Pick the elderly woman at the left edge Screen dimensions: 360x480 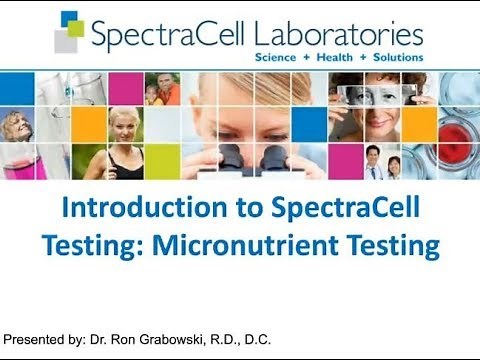pyautogui.click(x=14, y=130)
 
